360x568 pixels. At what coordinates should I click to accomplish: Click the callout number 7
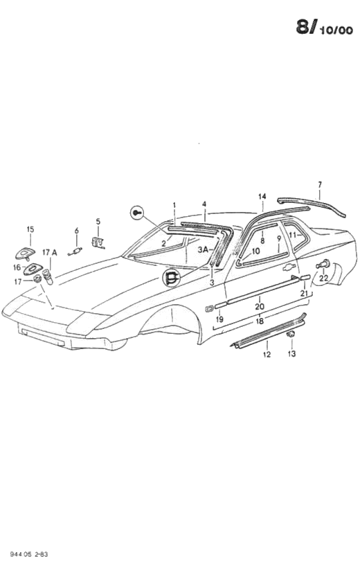(319, 185)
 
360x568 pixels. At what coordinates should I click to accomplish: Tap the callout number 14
(262, 196)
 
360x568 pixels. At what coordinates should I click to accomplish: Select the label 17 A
(50, 253)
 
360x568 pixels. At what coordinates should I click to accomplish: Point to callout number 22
(323, 278)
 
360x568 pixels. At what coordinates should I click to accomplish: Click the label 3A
(203, 249)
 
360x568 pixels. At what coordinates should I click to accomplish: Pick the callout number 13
(291, 353)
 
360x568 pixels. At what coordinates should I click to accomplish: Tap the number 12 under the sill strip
(267, 354)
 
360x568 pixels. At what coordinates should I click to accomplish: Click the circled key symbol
(136, 212)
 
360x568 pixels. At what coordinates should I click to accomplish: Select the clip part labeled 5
(98, 242)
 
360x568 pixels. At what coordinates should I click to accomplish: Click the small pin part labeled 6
(75, 251)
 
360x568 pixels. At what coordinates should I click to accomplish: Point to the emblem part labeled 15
(25, 254)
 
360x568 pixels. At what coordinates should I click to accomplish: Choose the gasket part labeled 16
(30, 269)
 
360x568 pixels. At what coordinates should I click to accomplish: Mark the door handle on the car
(288, 267)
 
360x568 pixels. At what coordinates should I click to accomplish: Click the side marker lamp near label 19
(209, 309)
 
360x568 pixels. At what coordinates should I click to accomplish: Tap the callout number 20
(260, 307)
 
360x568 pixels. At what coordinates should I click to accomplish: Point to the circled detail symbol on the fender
(171, 278)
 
